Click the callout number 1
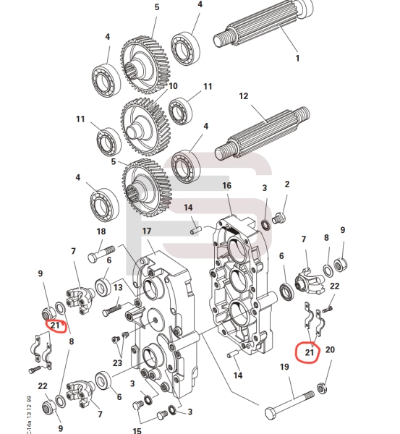point(296,58)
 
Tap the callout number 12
point(244,96)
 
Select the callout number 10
point(172,86)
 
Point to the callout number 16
point(226,186)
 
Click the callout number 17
point(147,231)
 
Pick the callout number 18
point(101,231)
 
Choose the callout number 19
point(284,367)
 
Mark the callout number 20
point(331,350)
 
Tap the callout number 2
point(286,184)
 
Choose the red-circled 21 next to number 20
point(310,352)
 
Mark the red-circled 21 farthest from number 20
point(55,325)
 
